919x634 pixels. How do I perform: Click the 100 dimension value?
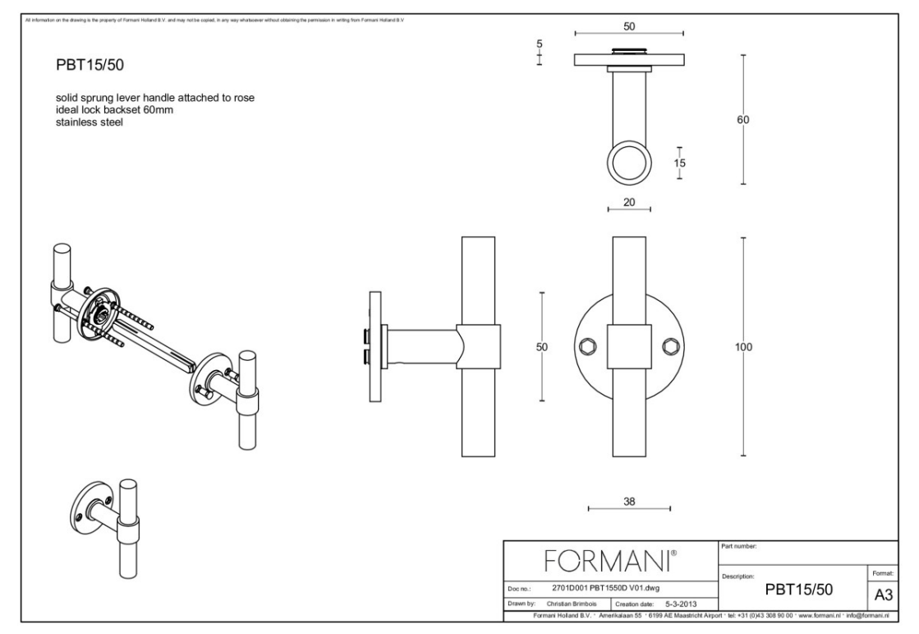click(x=742, y=347)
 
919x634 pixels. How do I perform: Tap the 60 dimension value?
click(x=742, y=119)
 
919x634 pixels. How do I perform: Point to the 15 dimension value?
click(x=679, y=163)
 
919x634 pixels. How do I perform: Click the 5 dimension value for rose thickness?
click(x=540, y=46)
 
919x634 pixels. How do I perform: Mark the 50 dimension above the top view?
click(x=628, y=26)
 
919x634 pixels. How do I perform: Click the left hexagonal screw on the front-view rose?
click(x=586, y=347)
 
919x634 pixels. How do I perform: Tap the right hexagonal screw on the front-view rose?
click(x=671, y=347)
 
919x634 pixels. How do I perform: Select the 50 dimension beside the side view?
click(x=541, y=347)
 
